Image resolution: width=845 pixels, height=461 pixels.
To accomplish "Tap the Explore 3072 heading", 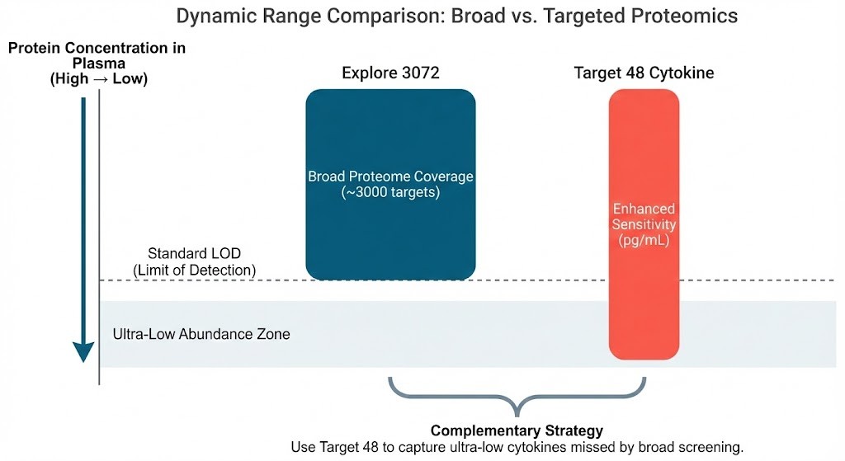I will pyautogui.click(x=390, y=73).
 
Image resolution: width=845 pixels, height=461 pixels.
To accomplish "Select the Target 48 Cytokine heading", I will pyautogui.click(x=644, y=73).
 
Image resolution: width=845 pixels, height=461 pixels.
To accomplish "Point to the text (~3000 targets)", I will pyautogui.click(x=390, y=192).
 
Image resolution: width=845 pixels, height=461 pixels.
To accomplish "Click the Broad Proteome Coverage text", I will pyautogui.click(x=390, y=176).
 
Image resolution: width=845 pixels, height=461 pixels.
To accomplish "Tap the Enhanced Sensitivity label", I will pyautogui.click(x=644, y=217).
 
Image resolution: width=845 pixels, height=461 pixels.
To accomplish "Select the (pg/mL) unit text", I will pyautogui.click(x=644, y=240).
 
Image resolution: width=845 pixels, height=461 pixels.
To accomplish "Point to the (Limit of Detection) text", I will pyautogui.click(x=195, y=270).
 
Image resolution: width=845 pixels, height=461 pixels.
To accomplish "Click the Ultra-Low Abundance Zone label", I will pyautogui.click(x=201, y=335).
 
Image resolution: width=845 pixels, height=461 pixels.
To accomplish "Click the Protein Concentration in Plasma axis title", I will pyautogui.click(x=97, y=56).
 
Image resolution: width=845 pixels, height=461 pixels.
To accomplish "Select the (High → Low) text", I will pyautogui.click(x=97, y=79).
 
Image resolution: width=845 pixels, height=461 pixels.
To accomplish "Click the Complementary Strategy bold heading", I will pyautogui.click(x=517, y=430).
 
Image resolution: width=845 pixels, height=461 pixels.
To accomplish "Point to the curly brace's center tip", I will pyautogui.click(x=517, y=413).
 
